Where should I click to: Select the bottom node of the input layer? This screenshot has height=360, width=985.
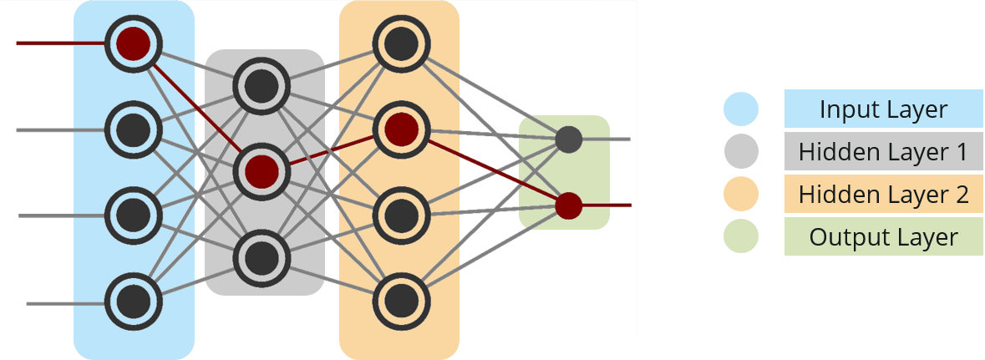[133, 299]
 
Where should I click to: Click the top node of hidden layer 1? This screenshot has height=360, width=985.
[262, 84]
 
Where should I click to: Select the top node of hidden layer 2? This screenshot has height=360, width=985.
[400, 43]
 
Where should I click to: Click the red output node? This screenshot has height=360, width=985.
[569, 204]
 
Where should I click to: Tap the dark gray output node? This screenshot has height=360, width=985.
[569, 139]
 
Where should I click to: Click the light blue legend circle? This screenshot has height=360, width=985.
[741, 109]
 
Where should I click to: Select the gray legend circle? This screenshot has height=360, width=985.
[741, 152]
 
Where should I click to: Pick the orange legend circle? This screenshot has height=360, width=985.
[741, 195]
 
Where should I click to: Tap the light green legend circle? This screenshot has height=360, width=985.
[741, 237]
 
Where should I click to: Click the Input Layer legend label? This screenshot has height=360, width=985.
[883, 109]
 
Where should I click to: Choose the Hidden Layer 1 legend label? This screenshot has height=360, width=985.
[883, 152]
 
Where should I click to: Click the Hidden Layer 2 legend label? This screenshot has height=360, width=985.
[883, 195]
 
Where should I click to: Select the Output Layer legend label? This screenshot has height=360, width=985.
[883, 237]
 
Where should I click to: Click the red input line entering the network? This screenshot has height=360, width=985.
[58, 43]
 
